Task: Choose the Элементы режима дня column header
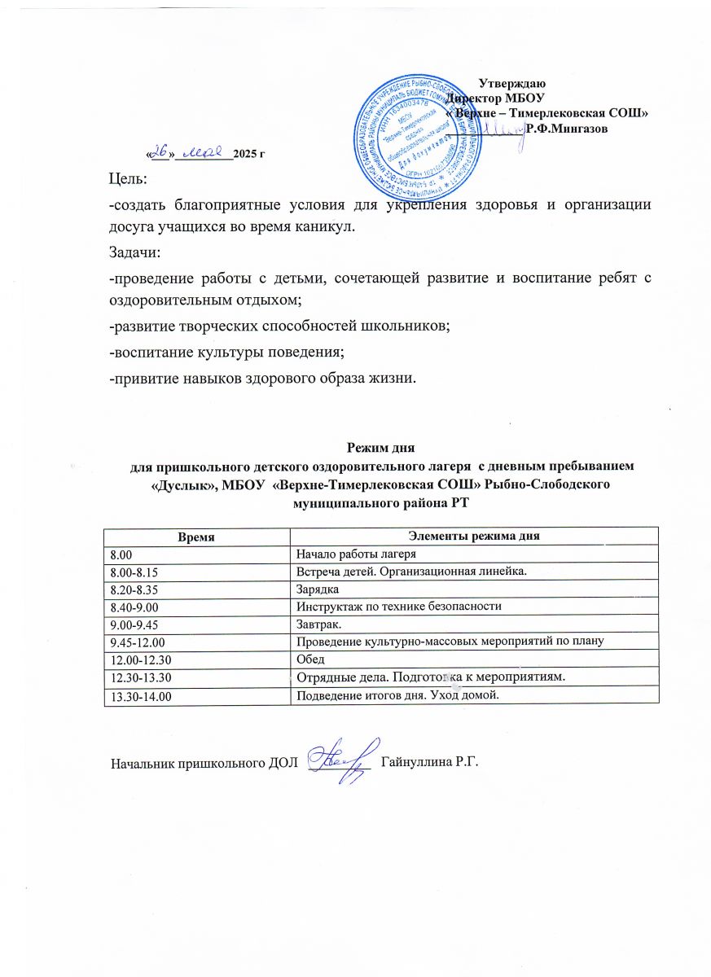(x=475, y=535)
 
